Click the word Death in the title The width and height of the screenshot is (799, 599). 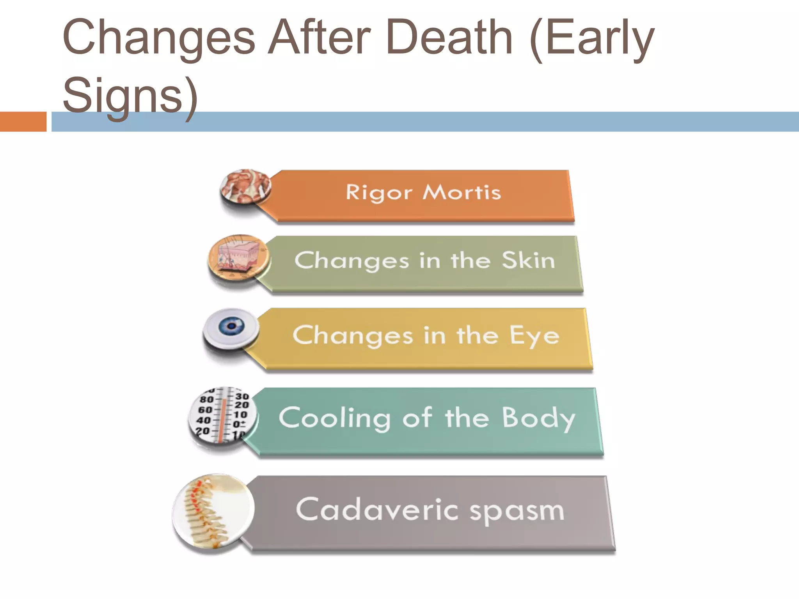[x=449, y=38]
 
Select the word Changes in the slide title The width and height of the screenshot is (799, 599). [x=159, y=38]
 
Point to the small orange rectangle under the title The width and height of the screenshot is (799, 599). [x=23, y=122]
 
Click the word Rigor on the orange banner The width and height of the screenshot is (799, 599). [x=379, y=193]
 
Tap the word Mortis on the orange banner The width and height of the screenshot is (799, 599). [x=462, y=193]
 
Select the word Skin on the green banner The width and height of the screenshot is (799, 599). [x=528, y=260]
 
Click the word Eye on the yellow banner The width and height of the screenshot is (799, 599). [x=534, y=335]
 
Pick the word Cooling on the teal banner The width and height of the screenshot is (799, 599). [x=335, y=418]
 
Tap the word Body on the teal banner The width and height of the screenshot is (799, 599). [x=538, y=418]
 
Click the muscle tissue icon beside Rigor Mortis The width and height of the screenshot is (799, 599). [x=245, y=186]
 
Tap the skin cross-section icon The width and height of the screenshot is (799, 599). [x=238, y=257]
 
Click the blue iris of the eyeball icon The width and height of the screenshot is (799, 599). [x=231, y=326]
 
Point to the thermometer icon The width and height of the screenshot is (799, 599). [x=223, y=415]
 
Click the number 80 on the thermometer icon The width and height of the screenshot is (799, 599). [x=206, y=399]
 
